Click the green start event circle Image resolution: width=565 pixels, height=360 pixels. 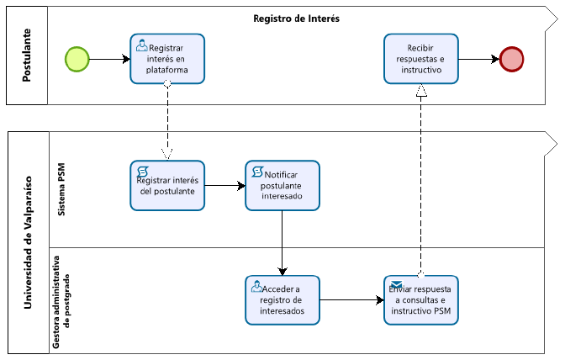click(77, 59)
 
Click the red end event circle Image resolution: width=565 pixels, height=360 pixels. click(512, 59)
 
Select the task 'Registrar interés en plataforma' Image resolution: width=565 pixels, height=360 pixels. click(167, 59)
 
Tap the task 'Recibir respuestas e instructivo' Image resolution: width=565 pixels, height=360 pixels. click(421, 59)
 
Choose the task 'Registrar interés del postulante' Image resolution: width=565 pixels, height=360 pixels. click(167, 186)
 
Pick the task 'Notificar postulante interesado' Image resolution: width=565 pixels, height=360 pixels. click(282, 186)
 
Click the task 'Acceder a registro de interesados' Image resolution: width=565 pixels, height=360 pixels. click(282, 300)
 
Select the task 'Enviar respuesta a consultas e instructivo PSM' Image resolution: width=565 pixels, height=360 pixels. click(421, 300)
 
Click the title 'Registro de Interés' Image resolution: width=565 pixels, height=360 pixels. click(296, 19)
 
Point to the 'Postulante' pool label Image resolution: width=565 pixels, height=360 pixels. click(27, 56)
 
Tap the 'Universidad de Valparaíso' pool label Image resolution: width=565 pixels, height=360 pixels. click(28, 242)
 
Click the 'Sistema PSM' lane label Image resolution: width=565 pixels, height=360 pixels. click(61, 189)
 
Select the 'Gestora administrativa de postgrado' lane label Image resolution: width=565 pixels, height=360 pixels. click(61, 302)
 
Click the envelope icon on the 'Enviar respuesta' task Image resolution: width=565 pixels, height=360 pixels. click(396, 284)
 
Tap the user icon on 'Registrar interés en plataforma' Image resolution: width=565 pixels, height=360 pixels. click(142, 45)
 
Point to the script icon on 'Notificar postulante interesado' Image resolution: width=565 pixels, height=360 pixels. click(257, 172)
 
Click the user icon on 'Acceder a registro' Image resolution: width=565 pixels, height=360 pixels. click(257, 287)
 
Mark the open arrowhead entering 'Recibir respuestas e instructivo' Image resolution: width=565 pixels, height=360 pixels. click(421, 91)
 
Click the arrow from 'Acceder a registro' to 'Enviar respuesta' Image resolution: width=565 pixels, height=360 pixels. click(351, 299)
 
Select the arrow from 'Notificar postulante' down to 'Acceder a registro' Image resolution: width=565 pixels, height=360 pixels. click(282, 243)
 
